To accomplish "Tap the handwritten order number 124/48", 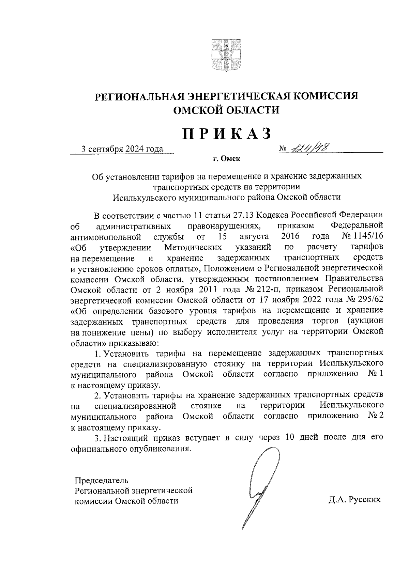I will click(x=306, y=147).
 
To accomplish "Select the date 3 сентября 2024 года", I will click(x=122, y=149).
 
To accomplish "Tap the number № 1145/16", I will click(x=362, y=236).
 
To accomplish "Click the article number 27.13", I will click(x=243, y=215).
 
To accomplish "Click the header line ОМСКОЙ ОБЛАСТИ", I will click(x=226, y=110).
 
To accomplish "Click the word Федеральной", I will click(x=357, y=225).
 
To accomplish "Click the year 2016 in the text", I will click(x=290, y=236).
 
